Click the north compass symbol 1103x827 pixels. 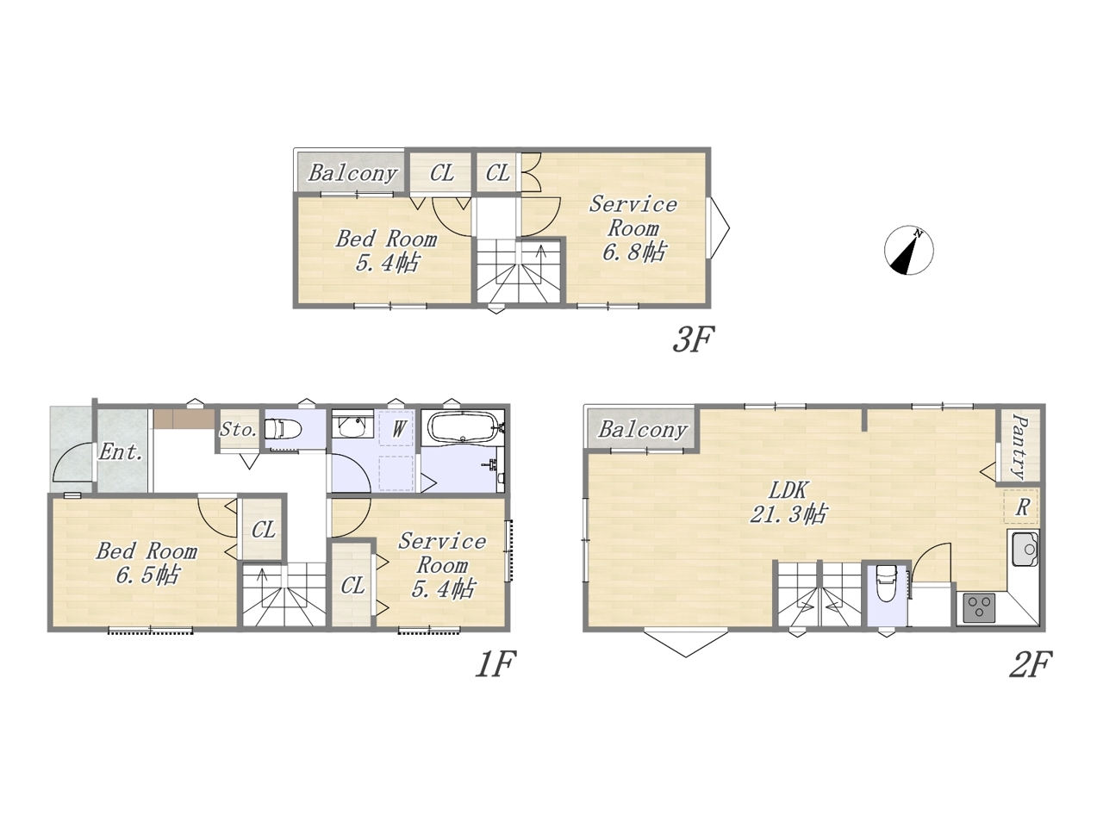pos(908,250)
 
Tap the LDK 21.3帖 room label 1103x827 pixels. pos(788,501)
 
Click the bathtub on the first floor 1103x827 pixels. pos(461,426)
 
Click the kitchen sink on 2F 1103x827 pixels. pos(1025,549)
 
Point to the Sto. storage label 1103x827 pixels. pos(239,430)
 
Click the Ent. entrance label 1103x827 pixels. pos(120,452)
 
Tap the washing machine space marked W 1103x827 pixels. pos(398,428)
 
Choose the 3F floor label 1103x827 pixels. pos(694,339)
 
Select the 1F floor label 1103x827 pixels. pos(496,664)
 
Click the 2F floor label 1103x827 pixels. pos(1031,664)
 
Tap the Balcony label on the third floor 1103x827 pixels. pos(352,173)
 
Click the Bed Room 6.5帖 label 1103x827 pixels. pos(146,563)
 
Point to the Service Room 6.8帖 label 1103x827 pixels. pos(633,228)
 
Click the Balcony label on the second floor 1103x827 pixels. pos(643,430)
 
